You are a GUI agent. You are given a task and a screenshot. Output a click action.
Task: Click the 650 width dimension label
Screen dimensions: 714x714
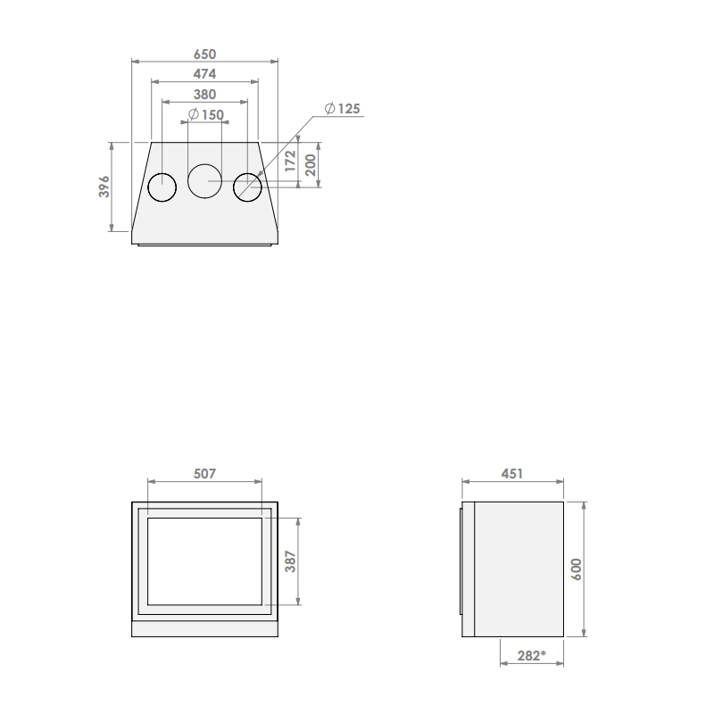click(204, 54)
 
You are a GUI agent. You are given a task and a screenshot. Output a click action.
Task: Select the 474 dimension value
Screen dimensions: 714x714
click(204, 74)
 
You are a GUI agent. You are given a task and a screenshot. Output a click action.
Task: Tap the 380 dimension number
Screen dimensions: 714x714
click(204, 95)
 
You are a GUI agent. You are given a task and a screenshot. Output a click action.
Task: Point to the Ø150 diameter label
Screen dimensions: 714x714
click(206, 114)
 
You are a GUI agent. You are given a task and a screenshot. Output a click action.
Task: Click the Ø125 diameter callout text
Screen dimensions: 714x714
click(343, 108)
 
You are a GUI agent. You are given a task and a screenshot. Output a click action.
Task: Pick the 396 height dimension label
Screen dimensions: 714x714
click(104, 187)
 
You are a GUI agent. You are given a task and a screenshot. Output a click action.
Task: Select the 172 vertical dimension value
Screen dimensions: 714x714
click(290, 162)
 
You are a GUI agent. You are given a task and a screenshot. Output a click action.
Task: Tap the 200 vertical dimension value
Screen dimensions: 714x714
click(310, 165)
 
